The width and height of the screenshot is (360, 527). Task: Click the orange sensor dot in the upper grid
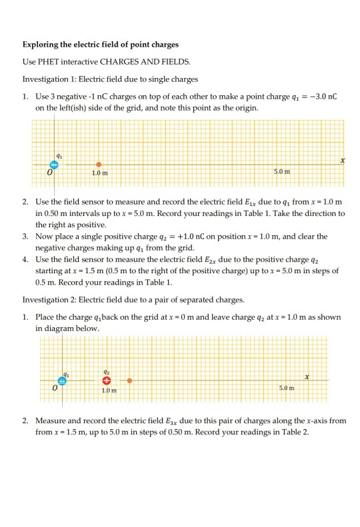pos(99,165)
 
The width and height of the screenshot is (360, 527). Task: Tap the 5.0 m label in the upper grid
pos(282,173)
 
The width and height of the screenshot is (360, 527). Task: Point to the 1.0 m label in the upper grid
pos(100,173)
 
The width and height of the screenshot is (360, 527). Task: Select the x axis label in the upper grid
pos(342,161)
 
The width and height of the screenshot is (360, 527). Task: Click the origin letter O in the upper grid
pos(49,173)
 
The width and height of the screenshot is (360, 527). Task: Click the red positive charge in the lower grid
pos(106,380)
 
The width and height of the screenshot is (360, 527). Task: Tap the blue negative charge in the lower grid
pos(62,380)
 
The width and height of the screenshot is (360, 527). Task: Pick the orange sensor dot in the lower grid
pos(129,380)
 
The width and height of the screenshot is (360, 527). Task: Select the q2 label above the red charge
pos(106,372)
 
